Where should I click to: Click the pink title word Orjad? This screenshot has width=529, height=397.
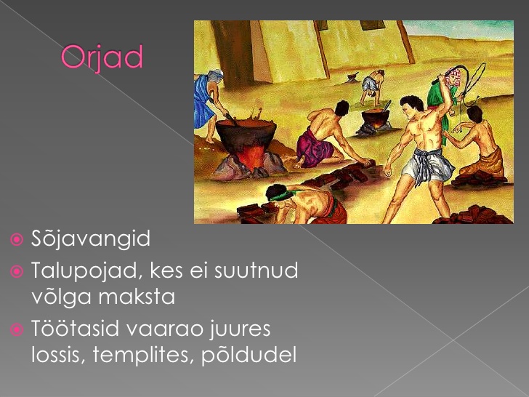click(x=102, y=58)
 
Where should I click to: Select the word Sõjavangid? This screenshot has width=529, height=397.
click(x=91, y=239)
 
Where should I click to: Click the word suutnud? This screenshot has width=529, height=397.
click(x=256, y=270)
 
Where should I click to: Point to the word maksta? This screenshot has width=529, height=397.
click(x=137, y=297)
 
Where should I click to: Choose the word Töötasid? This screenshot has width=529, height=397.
click(x=75, y=329)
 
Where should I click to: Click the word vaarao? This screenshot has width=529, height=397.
click(x=165, y=329)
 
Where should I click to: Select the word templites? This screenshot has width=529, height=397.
click(x=143, y=355)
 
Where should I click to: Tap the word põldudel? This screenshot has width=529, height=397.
click(x=249, y=355)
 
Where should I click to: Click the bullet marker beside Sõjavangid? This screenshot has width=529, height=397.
click(x=17, y=240)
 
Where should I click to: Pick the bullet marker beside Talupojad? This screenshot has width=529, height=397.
click(x=17, y=271)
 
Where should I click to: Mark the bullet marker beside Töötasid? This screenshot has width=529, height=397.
click(x=17, y=329)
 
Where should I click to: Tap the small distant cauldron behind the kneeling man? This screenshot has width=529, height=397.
click(x=376, y=118)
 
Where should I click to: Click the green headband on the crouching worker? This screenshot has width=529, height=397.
click(x=281, y=196)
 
